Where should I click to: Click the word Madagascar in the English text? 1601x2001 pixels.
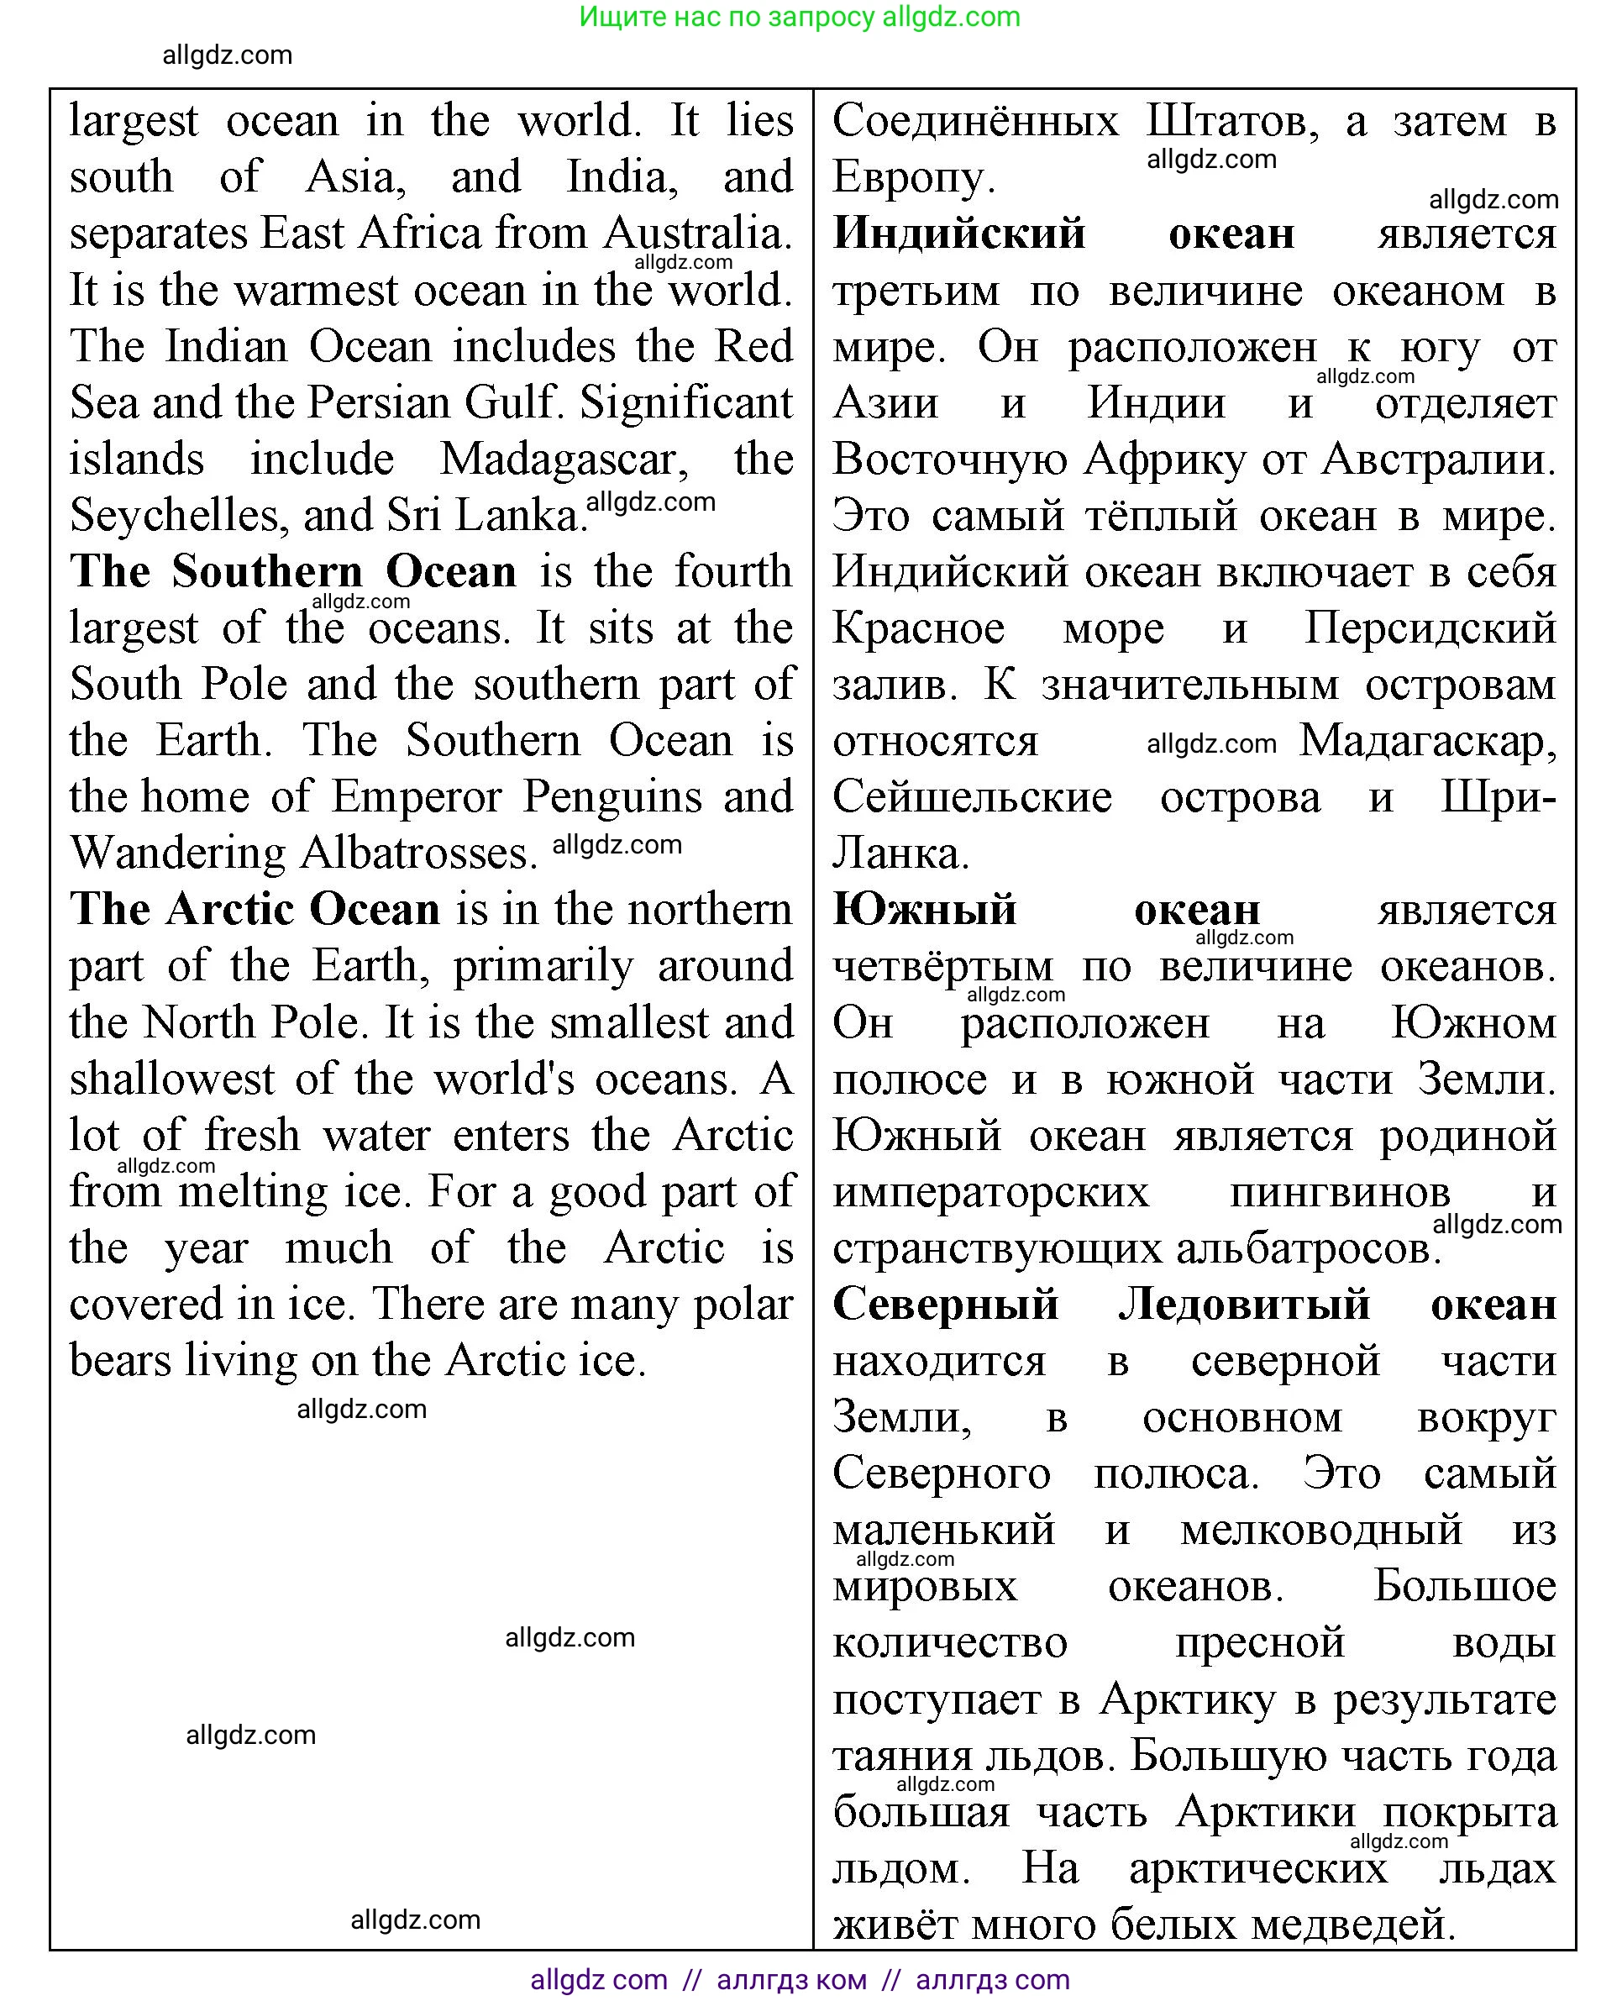point(564,460)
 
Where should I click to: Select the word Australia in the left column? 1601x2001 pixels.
point(696,234)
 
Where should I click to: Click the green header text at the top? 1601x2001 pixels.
point(799,17)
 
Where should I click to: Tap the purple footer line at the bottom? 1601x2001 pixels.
point(799,1980)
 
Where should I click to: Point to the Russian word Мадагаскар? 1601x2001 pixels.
point(1427,742)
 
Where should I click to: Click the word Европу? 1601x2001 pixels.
point(913,178)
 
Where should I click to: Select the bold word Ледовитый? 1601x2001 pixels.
point(1244,1305)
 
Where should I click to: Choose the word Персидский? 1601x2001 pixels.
point(1430,629)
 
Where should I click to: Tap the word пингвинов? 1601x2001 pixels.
point(1339,1193)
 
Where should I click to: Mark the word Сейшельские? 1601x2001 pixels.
point(972,797)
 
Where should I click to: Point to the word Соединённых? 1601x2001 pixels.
point(975,122)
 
